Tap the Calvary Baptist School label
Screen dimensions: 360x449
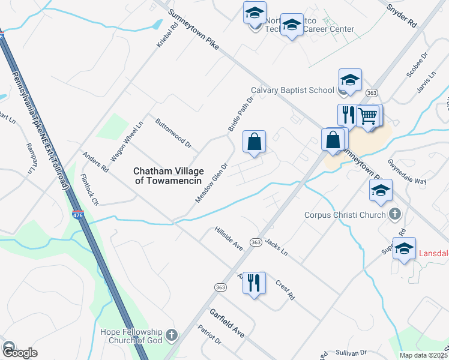tap(292, 90)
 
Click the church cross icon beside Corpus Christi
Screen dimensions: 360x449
tap(395, 214)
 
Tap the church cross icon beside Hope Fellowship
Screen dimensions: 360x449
tap(171, 335)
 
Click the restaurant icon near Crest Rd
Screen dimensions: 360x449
tap(255, 282)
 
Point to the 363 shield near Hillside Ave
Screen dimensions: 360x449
tap(255, 242)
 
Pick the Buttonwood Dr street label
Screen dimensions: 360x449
tap(173, 136)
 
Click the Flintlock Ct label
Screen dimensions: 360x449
tap(89, 190)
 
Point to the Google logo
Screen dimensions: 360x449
tap(20, 353)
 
